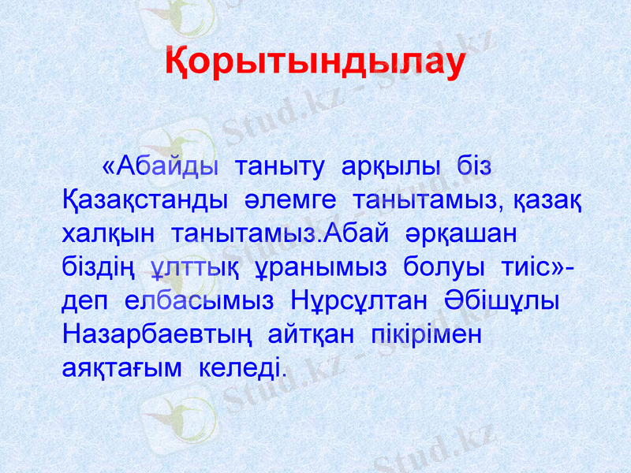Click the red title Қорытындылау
click(x=315, y=63)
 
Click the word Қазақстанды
click(x=138, y=200)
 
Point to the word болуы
click(x=442, y=267)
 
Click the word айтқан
click(x=305, y=334)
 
